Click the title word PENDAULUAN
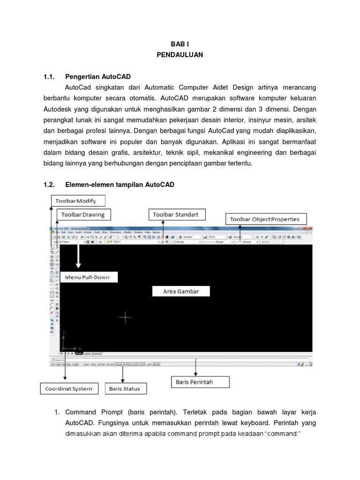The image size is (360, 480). (x=180, y=55)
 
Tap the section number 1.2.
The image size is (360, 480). (x=49, y=185)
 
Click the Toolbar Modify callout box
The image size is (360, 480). (x=78, y=201)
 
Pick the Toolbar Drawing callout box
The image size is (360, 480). (x=83, y=215)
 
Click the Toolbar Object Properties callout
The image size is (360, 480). (x=266, y=219)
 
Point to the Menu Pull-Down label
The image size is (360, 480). (x=87, y=277)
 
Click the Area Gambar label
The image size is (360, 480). (x=181, y=291)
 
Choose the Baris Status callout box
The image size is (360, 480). (x=125, y=389)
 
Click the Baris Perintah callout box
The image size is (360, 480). (x=200, y=382)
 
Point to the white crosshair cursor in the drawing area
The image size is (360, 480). (x=125, y=317)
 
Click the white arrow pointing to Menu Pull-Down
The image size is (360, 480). (x=78, y=255)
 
